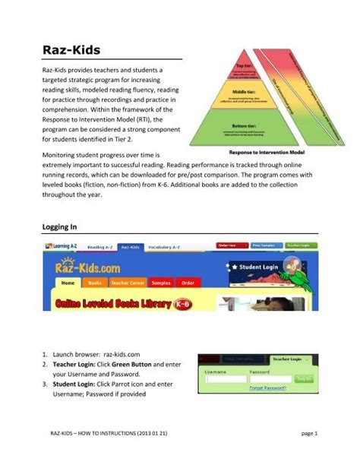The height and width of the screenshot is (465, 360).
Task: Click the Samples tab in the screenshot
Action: coord(161,283)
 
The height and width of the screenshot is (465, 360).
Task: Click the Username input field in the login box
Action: coord(226,378)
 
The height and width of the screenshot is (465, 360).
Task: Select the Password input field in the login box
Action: coord(270,378)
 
